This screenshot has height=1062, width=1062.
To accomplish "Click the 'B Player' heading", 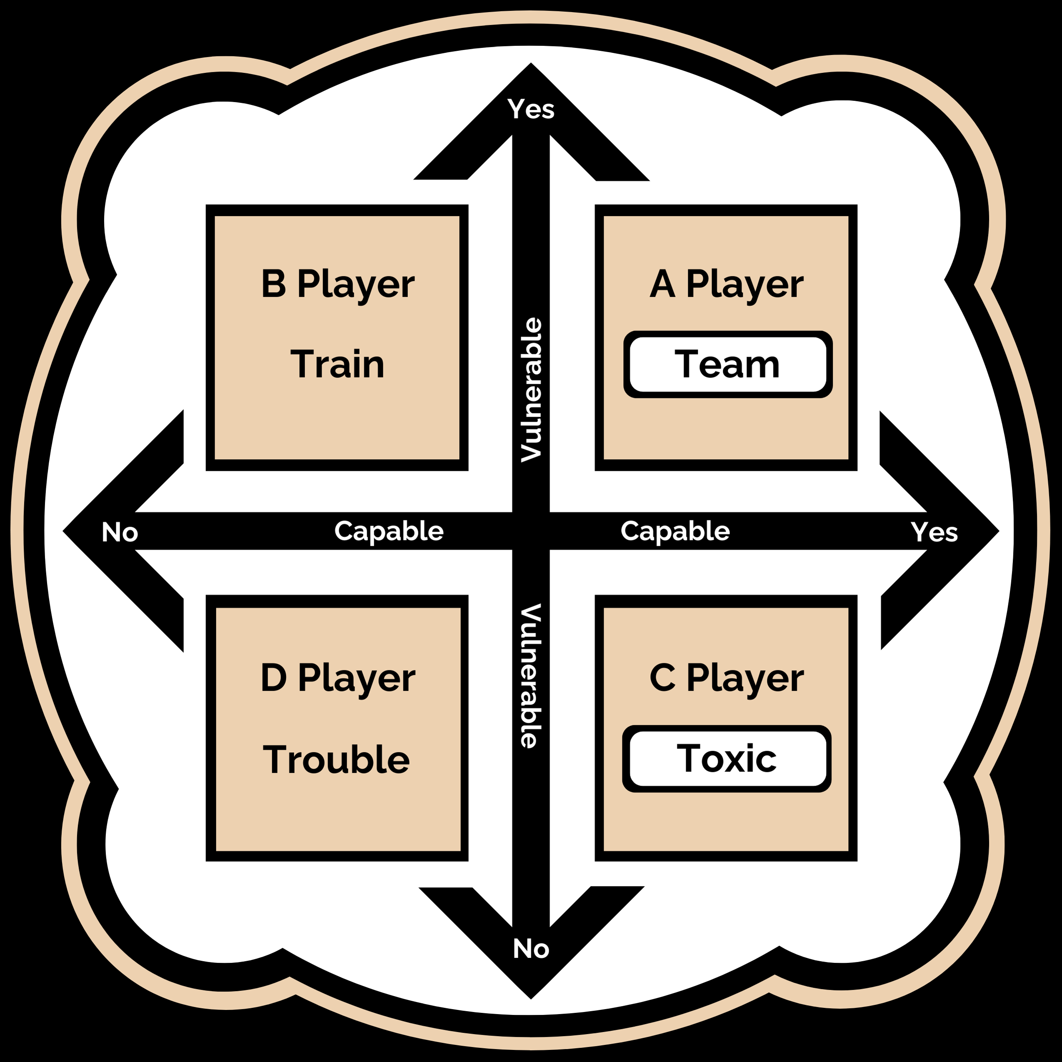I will click(x=337, y=285).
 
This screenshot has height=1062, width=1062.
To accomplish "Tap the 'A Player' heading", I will click(x=726, y=285).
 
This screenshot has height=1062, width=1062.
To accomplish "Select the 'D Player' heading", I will click(x=337, y=678).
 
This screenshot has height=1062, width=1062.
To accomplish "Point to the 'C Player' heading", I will click(x=726, y=678).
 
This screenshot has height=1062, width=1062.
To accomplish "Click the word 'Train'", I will click(x=337, y=365).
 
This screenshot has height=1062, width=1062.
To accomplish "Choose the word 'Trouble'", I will click(x=336, y=760).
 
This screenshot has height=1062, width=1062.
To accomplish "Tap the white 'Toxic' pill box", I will click(x=726, y=759).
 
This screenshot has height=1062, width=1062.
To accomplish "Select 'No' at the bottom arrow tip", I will click(x=531, y=949).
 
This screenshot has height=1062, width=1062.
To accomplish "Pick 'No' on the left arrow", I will click(x=120, y=532).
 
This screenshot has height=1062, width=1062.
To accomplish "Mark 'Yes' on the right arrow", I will click(x=935, y=532).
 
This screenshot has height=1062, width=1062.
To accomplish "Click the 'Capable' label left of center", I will click(x=389, y=531).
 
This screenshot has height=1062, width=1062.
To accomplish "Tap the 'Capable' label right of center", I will click(x=675, y=531).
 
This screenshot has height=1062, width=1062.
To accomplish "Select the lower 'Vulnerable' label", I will click(x=531, y=676).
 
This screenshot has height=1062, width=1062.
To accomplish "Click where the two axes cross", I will click(x=531, y=531).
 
